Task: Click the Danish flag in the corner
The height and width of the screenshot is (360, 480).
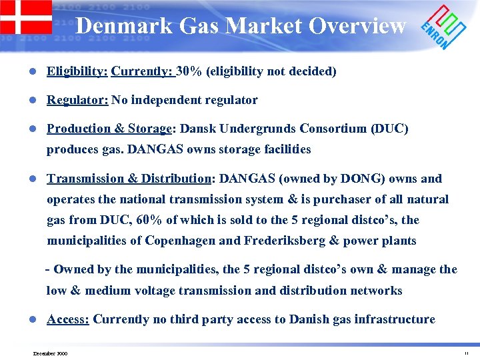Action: pos(25,17)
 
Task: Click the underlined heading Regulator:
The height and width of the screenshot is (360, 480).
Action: pos(77,100)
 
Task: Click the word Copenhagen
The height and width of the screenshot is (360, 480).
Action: pos(183,240)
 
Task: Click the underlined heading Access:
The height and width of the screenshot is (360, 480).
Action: pos(68,319)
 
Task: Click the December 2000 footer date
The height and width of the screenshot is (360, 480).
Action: pos(50,353)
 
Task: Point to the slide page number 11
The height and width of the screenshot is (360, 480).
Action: pos(466,353)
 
